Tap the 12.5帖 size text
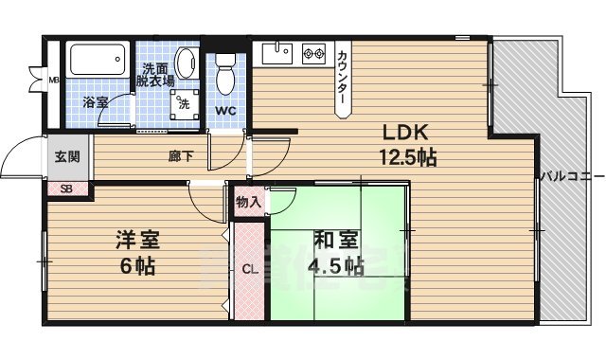point(408,157)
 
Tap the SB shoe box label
point(66,189)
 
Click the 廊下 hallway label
point(182,157)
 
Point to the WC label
point(225,110)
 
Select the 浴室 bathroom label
point(96,101)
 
